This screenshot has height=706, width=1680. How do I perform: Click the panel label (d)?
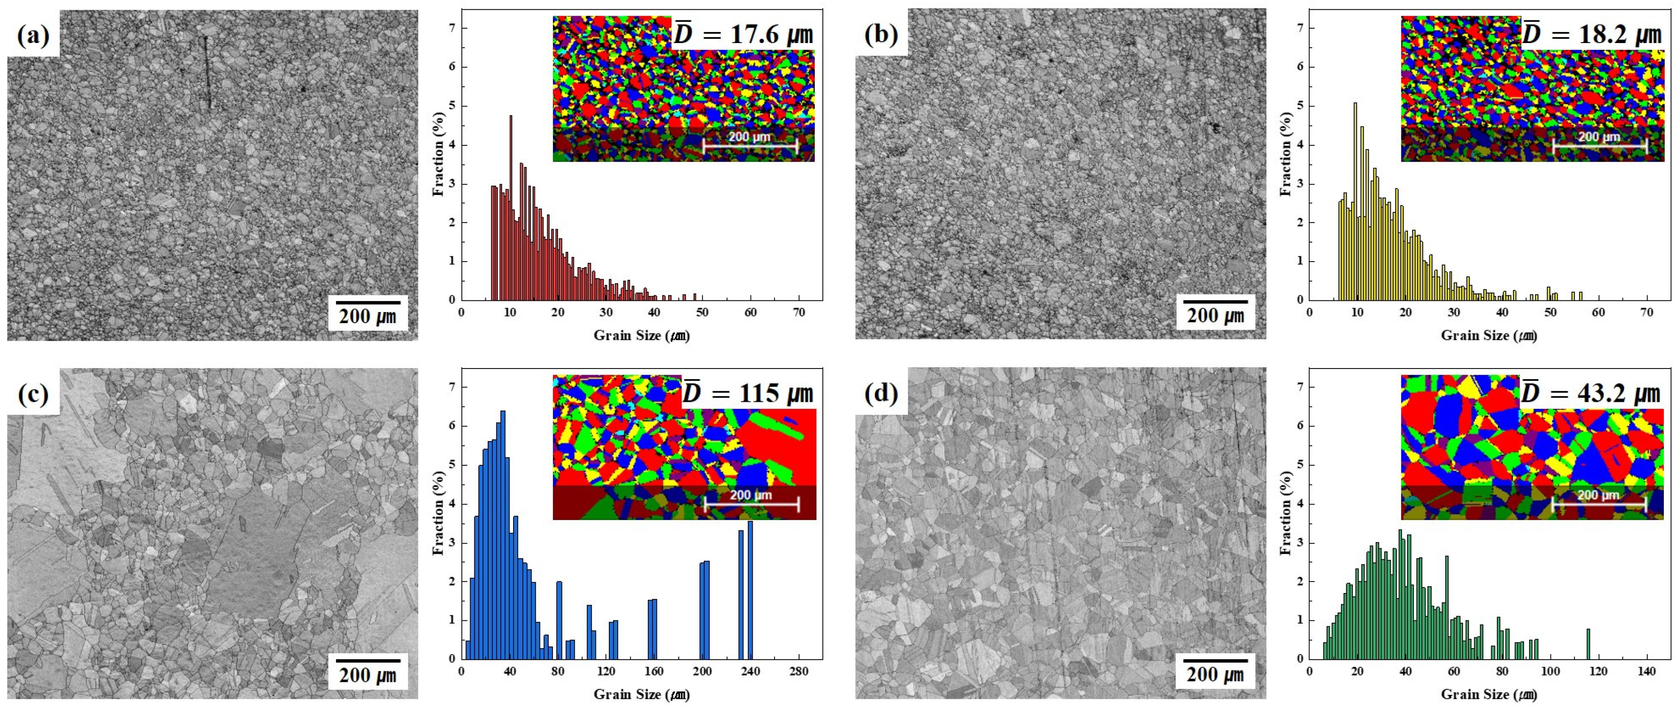pos(881,394)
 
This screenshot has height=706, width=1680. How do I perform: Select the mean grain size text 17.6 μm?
pos(744,34)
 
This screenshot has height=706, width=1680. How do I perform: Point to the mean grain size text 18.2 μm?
pos(1591,34)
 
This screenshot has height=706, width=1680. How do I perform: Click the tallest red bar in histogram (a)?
pos(511,209)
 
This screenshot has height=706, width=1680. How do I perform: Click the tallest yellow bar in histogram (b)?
pos(1355,202)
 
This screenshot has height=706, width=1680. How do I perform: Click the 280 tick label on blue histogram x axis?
pos(799,671)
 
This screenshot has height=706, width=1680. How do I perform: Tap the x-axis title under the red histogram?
pos(641,335)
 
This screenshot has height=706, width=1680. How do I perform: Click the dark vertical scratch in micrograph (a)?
pos(207,72)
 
